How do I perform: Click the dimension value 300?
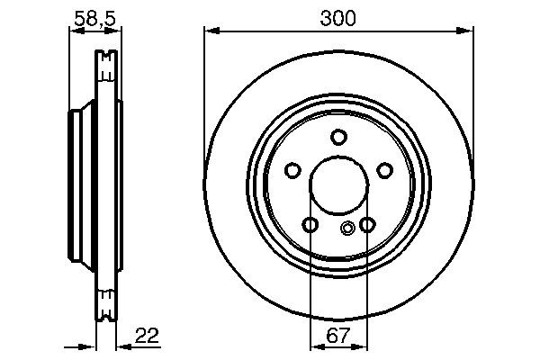click(337, 17)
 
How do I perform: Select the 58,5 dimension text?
click(94, 16)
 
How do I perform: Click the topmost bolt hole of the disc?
click(338, 138)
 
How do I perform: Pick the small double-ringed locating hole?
click(348, 229)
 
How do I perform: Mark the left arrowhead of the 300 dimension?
click(210, 31)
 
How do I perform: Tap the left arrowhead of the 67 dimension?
click(314, 346)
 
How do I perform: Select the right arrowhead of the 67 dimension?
click(362, 346)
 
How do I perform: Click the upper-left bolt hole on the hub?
click(292, 171)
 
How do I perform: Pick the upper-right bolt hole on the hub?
click(384, 171)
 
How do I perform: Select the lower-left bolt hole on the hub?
click(310, 225)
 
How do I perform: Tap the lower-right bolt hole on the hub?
click(366, 225)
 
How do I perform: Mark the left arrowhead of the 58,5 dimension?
click(73, 31)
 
